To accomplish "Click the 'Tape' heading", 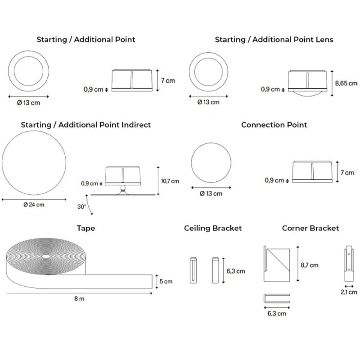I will pos(85,228).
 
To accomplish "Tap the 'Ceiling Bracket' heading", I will pos(213,228).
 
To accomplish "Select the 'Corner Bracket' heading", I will pos(310,228).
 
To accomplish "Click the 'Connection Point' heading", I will pos(274,125).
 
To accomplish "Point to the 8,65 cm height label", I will pos(346,83).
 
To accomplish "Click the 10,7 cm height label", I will pos(170,181).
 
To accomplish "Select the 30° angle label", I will pos(81,207).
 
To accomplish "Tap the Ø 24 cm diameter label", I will pos(34,205).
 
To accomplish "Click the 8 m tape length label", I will pos(78,299).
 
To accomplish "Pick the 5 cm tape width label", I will pos(165,282).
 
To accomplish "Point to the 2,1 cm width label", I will pos(349,292).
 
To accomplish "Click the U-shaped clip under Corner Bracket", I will pos(276,298).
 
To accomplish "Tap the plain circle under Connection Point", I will pos(211,163).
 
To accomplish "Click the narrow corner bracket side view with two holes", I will pos(348,263).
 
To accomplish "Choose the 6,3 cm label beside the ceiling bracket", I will pos(235,271).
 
